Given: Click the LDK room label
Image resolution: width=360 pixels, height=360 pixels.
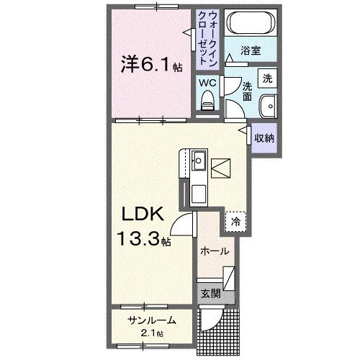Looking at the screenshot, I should coord(143,214).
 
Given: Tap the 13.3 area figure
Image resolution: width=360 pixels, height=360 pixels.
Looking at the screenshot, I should coord(140,238).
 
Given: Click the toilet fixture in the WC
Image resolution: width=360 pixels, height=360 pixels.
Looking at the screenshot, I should coord(209,99).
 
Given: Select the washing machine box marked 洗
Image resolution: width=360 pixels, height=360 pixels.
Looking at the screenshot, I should coord(267,78).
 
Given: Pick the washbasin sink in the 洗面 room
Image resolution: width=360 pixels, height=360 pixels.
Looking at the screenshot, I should coord(269,104).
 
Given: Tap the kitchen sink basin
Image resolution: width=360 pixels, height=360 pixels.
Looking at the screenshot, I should coord(199,159).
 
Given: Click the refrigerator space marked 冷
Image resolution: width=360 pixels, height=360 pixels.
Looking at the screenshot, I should coord(235,222).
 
